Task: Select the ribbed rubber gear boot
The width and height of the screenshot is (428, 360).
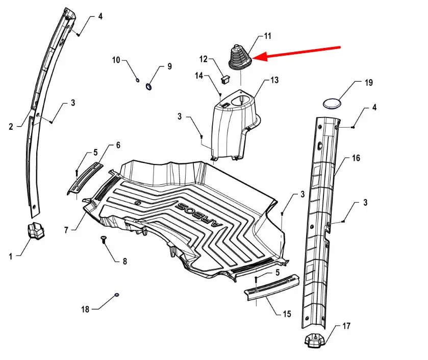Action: (x=240, y=57)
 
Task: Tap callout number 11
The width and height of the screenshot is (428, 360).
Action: (x=267, y=36)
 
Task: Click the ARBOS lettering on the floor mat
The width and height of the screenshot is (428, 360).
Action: (x=199, y=214)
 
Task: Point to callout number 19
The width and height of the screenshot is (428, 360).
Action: (x=368, y=83)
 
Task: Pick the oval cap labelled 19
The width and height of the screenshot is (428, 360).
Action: (x=332, y=104)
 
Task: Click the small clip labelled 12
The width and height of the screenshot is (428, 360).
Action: (x=225, y=80)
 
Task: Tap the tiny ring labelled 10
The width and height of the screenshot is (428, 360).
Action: (x=138, y=80)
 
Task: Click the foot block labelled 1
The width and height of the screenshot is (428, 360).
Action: (x=35, y=230)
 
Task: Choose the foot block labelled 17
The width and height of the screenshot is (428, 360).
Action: (x=314, y=340)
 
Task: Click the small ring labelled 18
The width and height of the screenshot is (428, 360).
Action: (x=116, y=295)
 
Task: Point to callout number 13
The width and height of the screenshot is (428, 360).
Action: (x=274, y=80)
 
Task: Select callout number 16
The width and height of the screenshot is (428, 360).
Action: (x=356, y=158)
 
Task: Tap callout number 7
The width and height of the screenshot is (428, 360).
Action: (x=66, y=230)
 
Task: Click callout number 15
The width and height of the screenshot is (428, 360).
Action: (x=287, y=314)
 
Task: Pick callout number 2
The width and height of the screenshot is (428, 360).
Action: (x=11, y=127)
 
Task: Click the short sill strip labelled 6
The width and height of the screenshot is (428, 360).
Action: (x=85, y=179)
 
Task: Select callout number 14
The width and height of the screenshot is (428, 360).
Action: (x=199, y=76)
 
